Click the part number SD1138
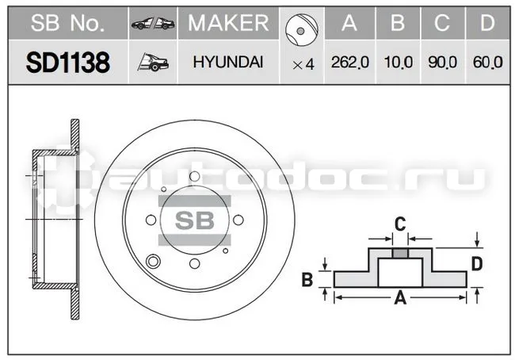coord(67,63)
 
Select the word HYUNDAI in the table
coord(228,62)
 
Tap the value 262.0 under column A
coord(350,62)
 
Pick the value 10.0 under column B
coord(398,62)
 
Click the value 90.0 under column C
coord(442,62)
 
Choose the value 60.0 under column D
coord(488,62)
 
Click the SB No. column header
coord(67,23)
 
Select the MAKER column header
coord(228,23)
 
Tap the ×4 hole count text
coord(303,64)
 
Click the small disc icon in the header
coord(302,30)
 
